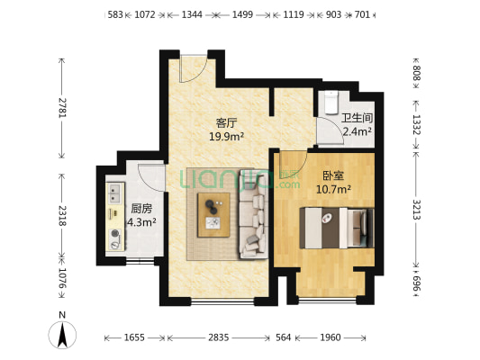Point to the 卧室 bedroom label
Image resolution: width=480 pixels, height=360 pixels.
[x=331, y=175]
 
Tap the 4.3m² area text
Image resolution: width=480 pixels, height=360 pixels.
[x=141, y=220]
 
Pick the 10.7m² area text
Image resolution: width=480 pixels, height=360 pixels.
[x=333, y=189]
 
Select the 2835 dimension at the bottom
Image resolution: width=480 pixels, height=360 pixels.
[x=219, y=337]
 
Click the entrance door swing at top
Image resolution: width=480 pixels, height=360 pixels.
[x=193, y=67]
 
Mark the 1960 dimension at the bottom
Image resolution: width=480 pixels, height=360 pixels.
[x=331, y=337]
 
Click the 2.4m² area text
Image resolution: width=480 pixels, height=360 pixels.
[x=357, y=131]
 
